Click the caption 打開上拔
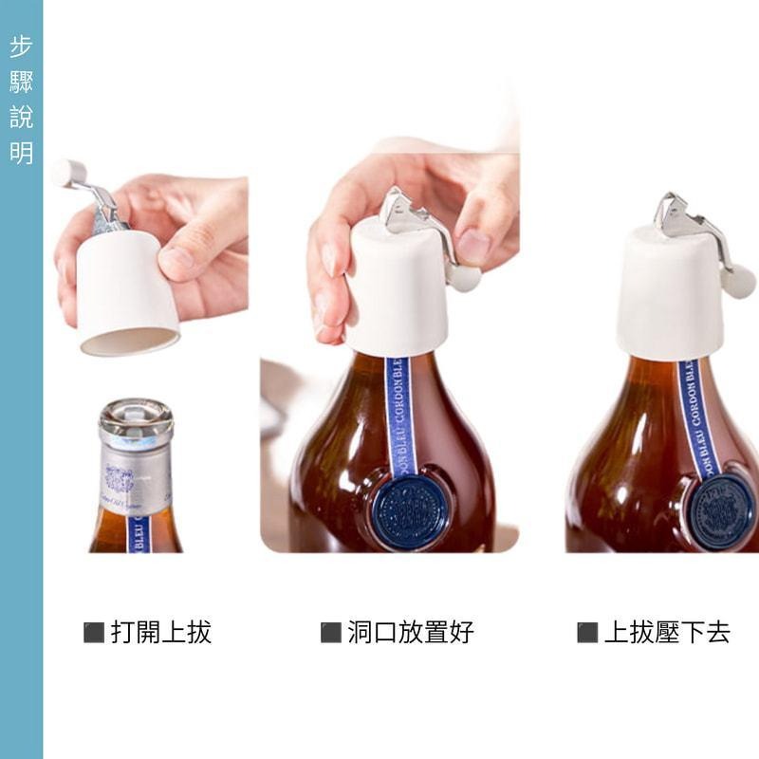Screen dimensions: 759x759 click(x=160, y=633)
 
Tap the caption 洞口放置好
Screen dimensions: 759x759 click(x=410, y=633)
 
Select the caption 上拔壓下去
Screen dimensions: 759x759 click(x=667, y=633)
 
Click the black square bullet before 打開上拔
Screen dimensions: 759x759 click(x=94, y=633)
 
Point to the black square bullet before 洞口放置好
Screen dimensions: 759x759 click(x=330, y=633)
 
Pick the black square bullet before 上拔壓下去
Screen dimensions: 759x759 click(x=587, y=633)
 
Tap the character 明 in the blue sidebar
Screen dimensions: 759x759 click(x=21, y=153)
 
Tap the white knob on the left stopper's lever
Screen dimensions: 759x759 click(x=68, y=172)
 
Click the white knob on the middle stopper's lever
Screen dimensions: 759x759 click(x=464, y=277)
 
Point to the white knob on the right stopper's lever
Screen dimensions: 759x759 click(x=737, y=282)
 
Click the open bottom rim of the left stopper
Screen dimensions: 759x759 click(x=129, y=342)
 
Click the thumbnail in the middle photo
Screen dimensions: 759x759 click(x=473, y=246)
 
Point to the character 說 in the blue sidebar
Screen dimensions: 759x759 click(x=21, y=118)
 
